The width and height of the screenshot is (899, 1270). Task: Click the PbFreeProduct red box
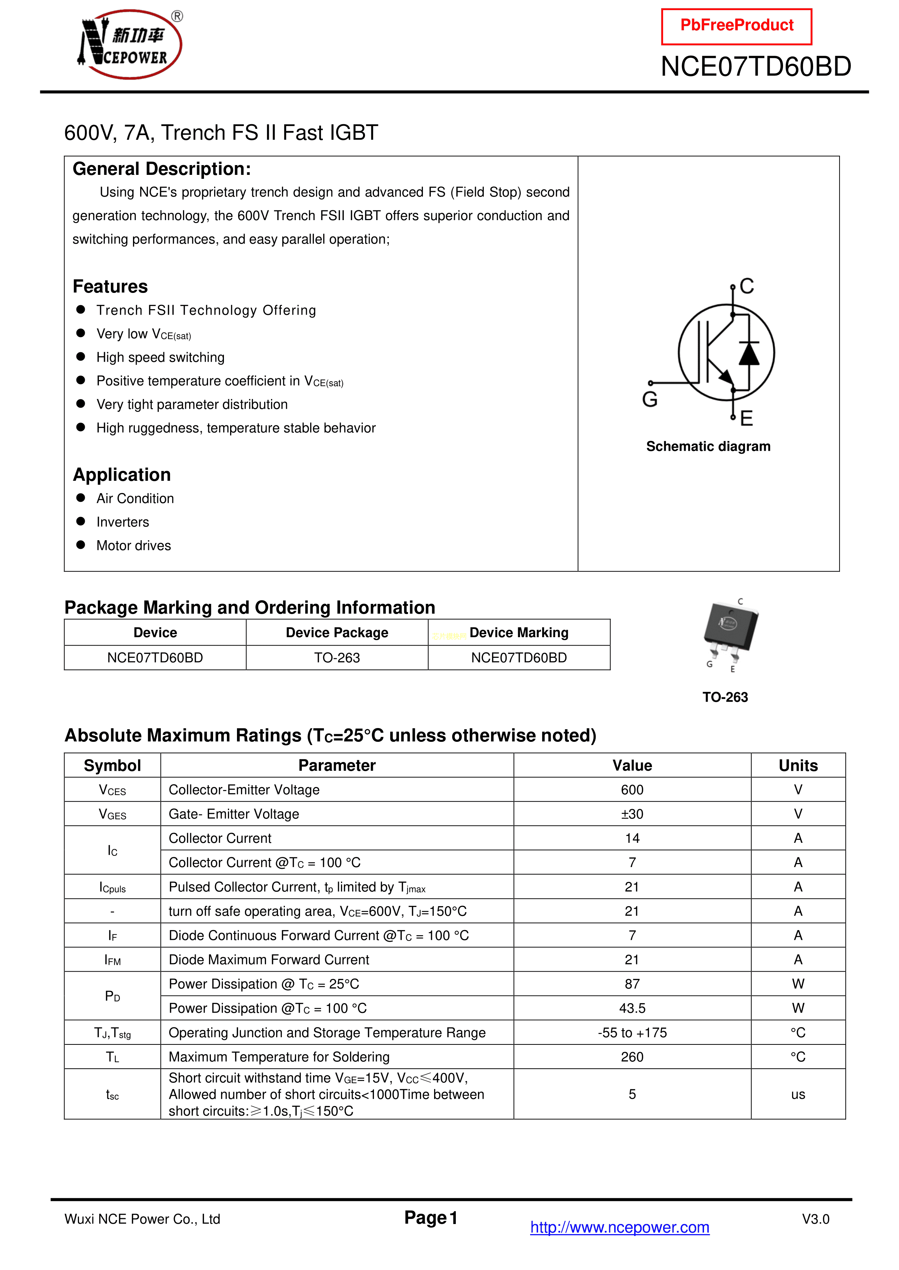click(x=736, y=26)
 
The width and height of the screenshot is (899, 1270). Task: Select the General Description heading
click(x=162, y=169)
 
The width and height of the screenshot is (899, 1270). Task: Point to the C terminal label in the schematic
click(x=747, y=286)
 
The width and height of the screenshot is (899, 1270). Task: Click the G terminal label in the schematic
click(x=650, y=399)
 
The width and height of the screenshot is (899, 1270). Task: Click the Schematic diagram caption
click(x=708, y=446)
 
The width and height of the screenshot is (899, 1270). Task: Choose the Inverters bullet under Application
click(x=122, y=522)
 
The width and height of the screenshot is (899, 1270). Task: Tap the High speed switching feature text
click(x=160, y=357)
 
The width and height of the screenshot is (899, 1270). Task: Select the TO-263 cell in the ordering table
click(x=337, y=658)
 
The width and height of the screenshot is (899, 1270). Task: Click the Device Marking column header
click(x=519, y=633)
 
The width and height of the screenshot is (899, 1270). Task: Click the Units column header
click(x=798, y=766)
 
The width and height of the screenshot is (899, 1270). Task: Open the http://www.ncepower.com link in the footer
click(x=620, y=1227)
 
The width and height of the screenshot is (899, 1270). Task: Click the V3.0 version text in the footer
click(x=815, y=1219)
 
